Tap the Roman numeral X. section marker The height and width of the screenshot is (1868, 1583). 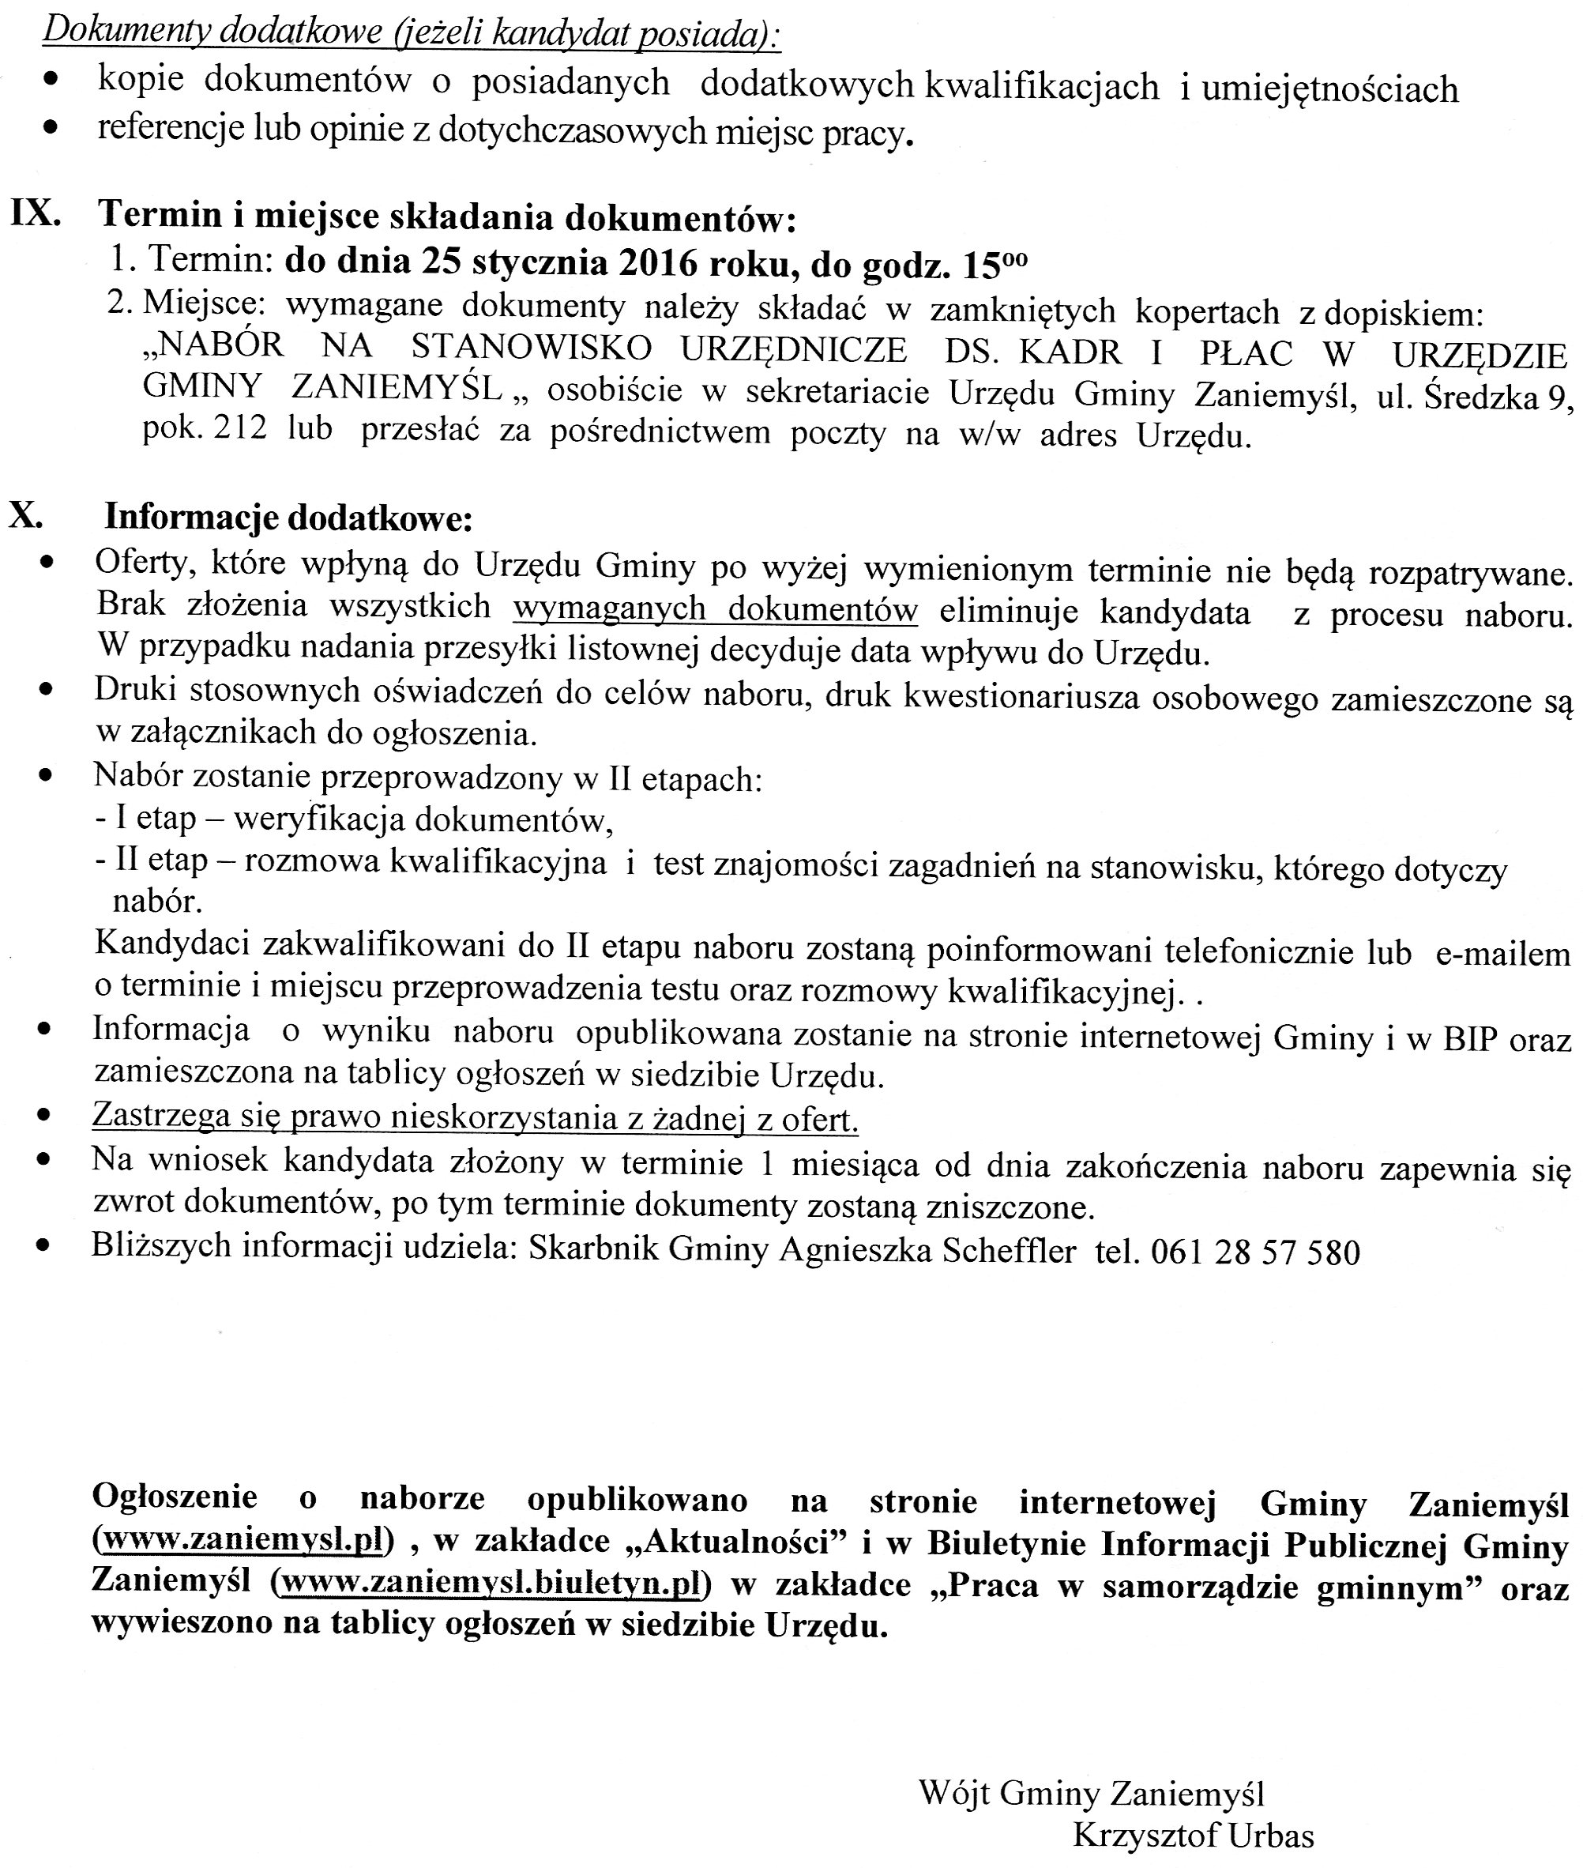tap(26, 515)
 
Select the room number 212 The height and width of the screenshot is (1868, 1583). tap(239, 429)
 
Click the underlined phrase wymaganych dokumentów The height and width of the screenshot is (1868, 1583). tap(715, 609)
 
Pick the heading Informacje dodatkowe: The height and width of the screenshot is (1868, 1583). tap(288, 518)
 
